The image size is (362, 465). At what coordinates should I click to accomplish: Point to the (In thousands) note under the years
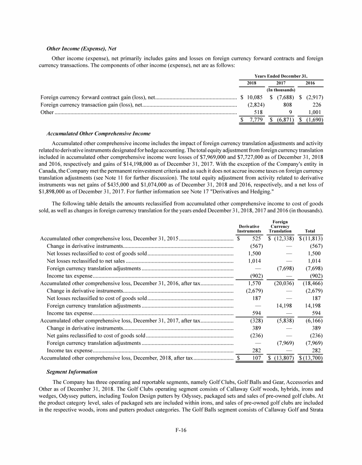[281, 90]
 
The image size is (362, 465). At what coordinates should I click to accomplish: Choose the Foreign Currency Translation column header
[280, 227]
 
